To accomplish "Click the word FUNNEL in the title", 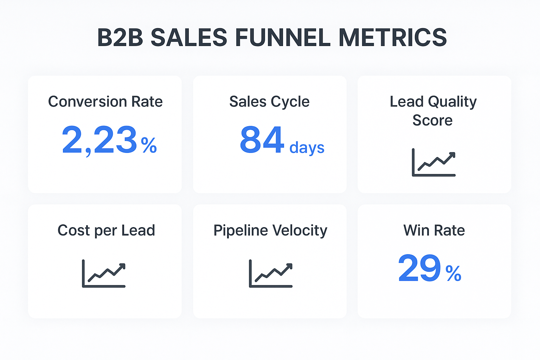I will click(283, 38).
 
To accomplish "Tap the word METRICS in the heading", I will click(392, 38).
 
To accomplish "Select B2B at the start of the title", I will click(120, 38).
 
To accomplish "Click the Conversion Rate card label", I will click(105, 102).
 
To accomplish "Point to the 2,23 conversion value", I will click(99, 140).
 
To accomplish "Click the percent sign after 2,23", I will click(149, 145).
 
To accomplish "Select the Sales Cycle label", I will click(269, 102).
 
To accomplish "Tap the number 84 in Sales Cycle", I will click(262, 140).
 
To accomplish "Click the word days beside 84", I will click(307, 148).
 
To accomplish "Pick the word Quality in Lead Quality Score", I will click(452, 102).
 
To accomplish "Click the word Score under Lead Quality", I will click(432, 120).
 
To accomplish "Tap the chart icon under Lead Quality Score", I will click(433, 162).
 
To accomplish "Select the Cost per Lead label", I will click(106, 230).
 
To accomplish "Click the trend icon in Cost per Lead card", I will click(104, 274).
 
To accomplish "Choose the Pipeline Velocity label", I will click(270, 230).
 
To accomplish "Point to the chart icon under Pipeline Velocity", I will click(271, 274).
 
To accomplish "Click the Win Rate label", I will click(434, 230).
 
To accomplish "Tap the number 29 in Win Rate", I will click(419, 268).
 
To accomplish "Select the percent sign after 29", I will click(453, 274).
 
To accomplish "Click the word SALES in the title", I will click(189, 38).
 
